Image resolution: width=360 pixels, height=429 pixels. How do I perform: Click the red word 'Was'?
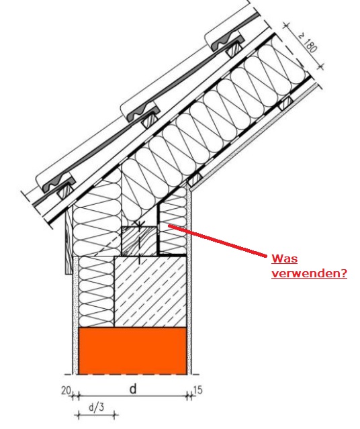pyautogui.click(x=284, y=258)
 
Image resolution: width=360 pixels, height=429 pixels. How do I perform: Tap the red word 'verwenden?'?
pyautogui.click(x=309, y=273)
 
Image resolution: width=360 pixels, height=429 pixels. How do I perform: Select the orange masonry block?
pyautogui.click(x=132, y=350)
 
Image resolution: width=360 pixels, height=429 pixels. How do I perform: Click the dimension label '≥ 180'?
pyautogui.click(x=309, y=42)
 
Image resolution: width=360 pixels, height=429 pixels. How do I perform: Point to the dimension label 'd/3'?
pyautogui.click(x=96, y=408)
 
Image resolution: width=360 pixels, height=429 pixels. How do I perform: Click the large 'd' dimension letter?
pyautogui.click(x=133, y=389)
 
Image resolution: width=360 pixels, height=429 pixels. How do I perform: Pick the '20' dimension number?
pyautogui.click(x=66, y=391)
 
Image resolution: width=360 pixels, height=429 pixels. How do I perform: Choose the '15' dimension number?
pyautogui.click(x=198, y=390)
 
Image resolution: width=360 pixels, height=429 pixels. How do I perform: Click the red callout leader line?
pyautogui.click(x=217, y=241)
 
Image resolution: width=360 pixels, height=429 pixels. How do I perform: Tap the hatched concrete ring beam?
pyautogui.click(x=150, y=291)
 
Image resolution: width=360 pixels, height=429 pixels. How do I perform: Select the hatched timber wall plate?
pyautogui.click(x=139, y=241)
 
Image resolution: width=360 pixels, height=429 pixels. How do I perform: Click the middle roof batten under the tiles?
pyautogui.click(x=149, y=120)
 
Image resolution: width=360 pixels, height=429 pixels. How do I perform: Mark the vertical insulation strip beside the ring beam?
pyautogui.click(x=96, y=291)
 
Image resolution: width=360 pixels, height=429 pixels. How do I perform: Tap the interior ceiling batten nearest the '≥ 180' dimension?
pyautogui.click(x=285, y=104)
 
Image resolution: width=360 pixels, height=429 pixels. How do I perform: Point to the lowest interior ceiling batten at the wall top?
pyautogui.click(x=195, y=179)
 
